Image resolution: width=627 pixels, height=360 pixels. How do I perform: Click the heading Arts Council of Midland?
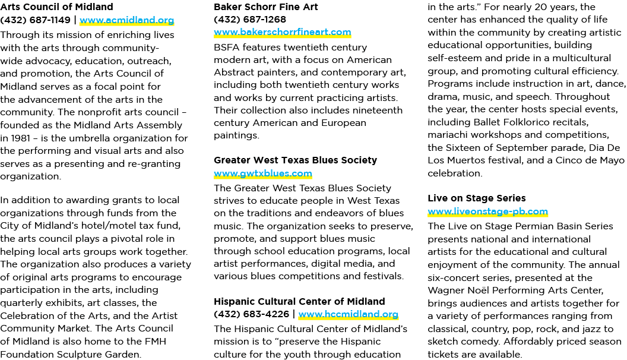(57, 7)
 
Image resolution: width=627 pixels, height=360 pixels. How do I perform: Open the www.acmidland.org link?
(126, 20)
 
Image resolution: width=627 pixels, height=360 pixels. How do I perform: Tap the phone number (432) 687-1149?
(36, 20)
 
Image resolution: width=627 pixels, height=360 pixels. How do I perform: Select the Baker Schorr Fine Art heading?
(266, 7)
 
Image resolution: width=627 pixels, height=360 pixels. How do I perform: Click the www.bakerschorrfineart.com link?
(282, 32)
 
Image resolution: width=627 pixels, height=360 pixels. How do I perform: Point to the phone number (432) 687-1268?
(250, 19)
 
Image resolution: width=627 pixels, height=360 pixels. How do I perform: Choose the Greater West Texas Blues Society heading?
(296, 160)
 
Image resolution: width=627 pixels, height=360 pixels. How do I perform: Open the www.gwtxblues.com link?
(262, 173)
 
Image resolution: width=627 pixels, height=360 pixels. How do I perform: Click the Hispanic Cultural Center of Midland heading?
(299, 301)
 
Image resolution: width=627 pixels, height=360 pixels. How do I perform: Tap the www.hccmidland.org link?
(349, 314)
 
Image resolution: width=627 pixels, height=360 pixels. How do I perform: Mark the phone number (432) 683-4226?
(252, 314)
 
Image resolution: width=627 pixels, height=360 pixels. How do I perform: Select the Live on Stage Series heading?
(477, 198)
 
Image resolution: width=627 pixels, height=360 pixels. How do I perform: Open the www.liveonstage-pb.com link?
(488, 211)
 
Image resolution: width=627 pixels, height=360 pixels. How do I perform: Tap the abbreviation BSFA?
(227, 48)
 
